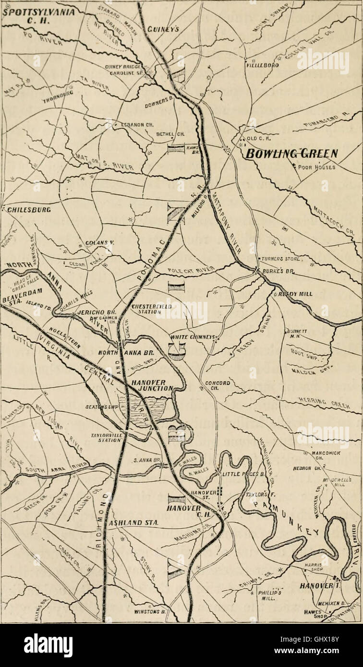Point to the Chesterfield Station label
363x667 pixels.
click(151, 310)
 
